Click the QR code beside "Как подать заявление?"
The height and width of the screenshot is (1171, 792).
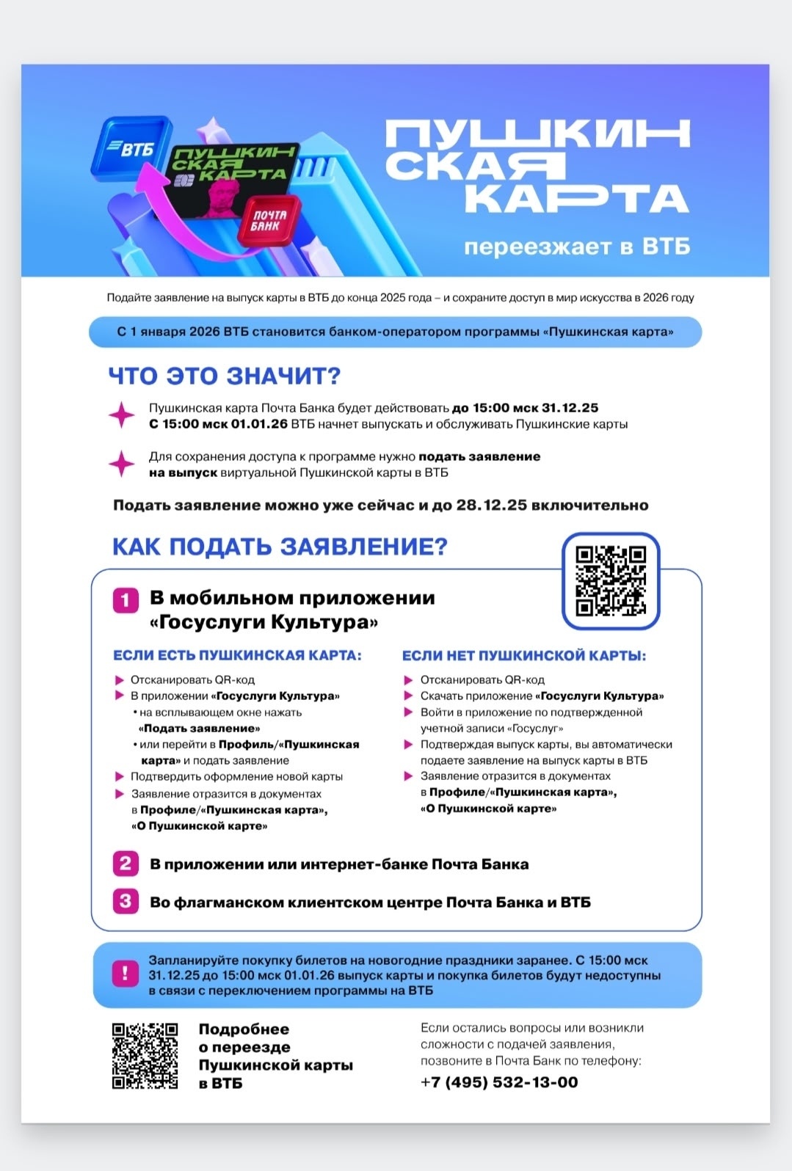611,580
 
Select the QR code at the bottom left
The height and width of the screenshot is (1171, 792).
145,1056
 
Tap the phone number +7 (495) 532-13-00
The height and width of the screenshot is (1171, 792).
499,1082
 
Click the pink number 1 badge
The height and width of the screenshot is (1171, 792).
126,600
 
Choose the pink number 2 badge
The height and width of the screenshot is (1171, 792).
126,864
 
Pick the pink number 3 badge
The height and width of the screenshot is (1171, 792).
126,901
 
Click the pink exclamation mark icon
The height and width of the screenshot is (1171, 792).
125,974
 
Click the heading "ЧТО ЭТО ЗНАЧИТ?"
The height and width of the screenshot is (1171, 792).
225,376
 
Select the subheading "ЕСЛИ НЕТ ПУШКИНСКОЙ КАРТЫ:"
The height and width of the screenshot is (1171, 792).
524,655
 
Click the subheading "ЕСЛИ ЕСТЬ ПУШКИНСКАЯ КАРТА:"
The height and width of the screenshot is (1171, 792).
237,655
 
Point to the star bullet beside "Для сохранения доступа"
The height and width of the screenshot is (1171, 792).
122,464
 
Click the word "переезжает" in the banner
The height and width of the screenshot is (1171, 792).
540,247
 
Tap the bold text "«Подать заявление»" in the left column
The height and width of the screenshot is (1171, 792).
199,729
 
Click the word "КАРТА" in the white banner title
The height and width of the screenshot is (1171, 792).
576,198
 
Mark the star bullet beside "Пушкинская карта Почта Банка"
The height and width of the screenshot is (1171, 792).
122,415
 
